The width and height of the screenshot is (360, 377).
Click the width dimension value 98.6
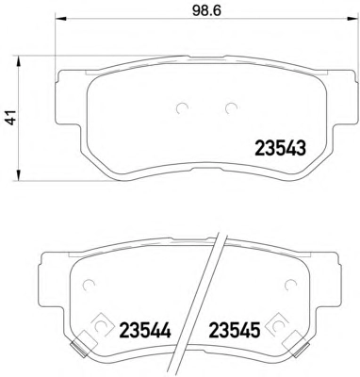pyautogui.click(x=206, y=11)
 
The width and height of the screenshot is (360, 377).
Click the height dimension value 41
pyautogui.click(x=11, y=119)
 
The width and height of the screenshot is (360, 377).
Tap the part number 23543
pyautogui.click(x=280, y=148)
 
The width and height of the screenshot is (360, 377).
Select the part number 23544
pyautogui.click(x=145, y=330)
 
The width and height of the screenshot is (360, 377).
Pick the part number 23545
pyautogui.click(x=235, y=330)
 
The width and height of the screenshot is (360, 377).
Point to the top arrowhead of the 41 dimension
pyautogui.click(x=19, y=62)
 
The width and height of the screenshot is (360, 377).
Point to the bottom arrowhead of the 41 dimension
pyautogui.click(x=19, y=175)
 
